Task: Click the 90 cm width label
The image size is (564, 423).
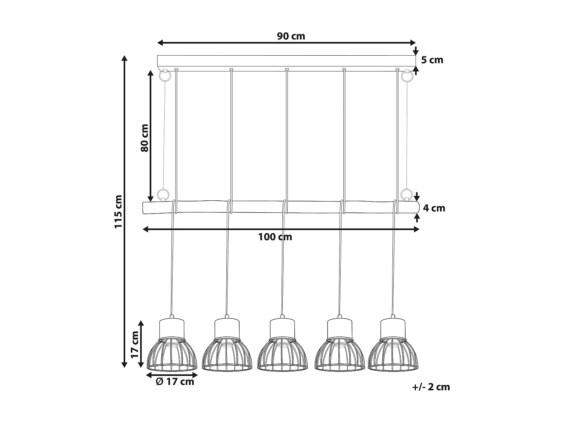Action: [291, 36]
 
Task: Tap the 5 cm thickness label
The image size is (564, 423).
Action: [432, 60]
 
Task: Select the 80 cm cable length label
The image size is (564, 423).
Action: [145, 137]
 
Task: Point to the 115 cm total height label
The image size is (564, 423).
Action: [119, 212]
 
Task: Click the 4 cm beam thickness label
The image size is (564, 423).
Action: [434, 208]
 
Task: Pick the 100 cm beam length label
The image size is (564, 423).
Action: [275, 237]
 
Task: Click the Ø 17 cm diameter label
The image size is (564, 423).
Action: [175, 382]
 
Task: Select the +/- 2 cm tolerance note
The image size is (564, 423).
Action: [431, 387]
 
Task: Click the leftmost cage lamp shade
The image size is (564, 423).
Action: [172, 355]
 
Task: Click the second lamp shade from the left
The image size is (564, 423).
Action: [227, 355]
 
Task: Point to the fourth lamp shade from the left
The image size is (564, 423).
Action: [339, 355]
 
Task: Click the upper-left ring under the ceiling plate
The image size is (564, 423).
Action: [164, 76]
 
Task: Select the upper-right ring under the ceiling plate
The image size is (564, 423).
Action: [406, 76]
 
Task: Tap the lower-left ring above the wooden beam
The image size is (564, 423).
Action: [163, 194]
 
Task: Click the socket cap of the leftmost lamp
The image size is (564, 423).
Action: [172, 328]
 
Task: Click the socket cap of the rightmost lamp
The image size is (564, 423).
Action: [393, 328]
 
